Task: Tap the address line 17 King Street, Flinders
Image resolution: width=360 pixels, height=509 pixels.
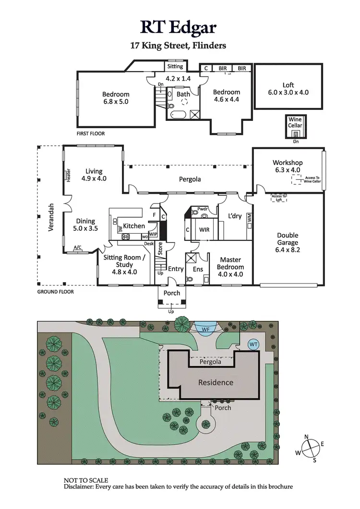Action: point(178,46)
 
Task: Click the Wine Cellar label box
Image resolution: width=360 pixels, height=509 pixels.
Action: point(295,122)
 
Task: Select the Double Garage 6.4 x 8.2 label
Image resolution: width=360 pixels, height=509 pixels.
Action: point(288,242)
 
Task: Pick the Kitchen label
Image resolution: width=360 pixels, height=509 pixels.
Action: point(134,225)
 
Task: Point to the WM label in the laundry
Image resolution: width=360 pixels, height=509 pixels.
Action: point(249,217)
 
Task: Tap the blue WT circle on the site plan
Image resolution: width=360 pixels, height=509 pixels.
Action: point(254,344)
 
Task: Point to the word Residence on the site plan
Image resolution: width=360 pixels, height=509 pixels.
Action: point(216,382)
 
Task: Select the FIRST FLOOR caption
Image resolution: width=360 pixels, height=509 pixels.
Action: point(91,133)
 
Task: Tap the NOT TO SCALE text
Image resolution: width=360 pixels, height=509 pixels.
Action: point(86,480)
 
